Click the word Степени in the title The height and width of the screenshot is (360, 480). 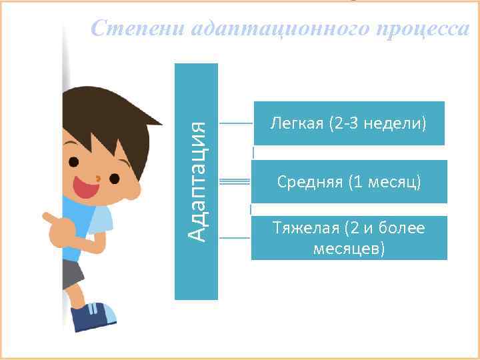tap(137, 29)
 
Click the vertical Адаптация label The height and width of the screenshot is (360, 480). tap(196, 181)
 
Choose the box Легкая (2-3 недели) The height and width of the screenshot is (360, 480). tap(348, 123)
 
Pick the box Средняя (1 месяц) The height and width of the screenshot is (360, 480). tap(349, 181)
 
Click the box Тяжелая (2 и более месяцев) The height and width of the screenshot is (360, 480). tap(349, 238)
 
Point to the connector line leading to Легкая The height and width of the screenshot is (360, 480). tap(235, 123)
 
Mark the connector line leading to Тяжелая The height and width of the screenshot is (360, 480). tap(235, 237)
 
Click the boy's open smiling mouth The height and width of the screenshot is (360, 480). tap(86, 189)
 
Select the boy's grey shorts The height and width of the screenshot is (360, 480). tap(73, 274)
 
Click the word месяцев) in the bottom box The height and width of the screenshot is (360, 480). tap(349, 248)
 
